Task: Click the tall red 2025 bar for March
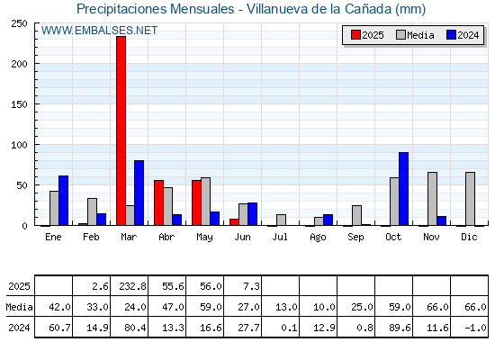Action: (121, 130)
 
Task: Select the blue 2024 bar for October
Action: (403, 189)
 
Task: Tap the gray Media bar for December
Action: (470, 199)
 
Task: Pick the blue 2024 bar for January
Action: (63, 201)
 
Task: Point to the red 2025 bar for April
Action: (158, 202)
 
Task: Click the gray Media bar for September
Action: (356, 215)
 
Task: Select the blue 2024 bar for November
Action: (441, 220)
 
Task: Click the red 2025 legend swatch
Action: (355, 35)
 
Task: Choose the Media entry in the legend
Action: (415, 35)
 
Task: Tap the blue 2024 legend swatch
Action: (451, 35)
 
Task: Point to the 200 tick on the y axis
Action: (19, 64)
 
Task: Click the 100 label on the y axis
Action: (19, 145)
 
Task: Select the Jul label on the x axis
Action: (280, 237)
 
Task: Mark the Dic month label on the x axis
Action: (469, 237)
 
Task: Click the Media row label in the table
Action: (19, 307)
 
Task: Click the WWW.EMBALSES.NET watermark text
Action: (99, 31)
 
